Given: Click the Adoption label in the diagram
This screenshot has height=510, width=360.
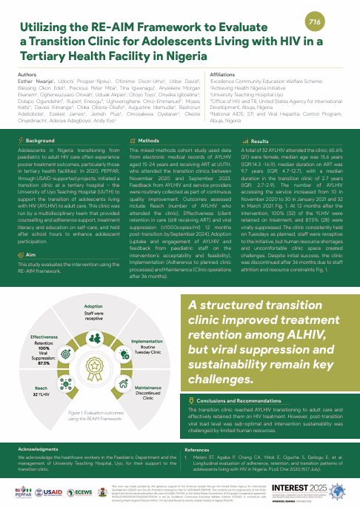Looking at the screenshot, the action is [93, 305].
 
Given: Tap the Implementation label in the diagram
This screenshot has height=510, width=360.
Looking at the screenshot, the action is [147, 341].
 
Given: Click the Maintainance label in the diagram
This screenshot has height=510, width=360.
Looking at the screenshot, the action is [149, 388].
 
